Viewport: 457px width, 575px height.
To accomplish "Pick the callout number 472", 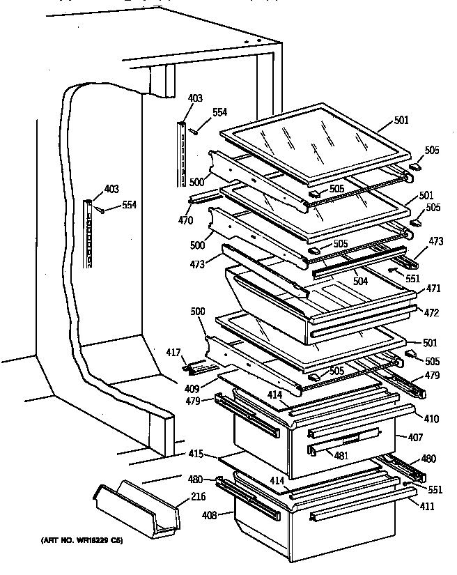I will coord(431,313).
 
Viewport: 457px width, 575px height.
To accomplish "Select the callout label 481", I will coord(341,457).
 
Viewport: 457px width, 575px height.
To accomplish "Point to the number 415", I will coord(196,454).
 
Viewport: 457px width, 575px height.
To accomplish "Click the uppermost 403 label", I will coord(195,99).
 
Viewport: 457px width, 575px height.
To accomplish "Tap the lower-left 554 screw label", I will coord(130,205).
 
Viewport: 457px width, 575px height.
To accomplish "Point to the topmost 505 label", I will coord(432,150).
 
